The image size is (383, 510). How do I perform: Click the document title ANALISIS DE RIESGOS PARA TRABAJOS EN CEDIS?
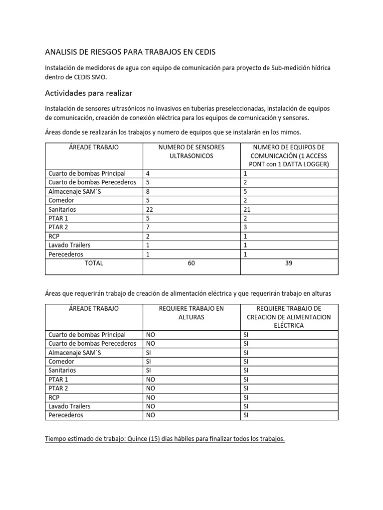(x=131, y=51)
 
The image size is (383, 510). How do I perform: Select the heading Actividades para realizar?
(x=88, y=93)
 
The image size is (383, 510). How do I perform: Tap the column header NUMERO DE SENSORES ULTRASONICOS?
(x=191, y=152)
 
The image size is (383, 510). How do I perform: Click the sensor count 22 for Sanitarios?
(x=150, y=210)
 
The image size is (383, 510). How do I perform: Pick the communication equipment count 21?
(x=247, y=210)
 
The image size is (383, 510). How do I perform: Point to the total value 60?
(x=191, y=263)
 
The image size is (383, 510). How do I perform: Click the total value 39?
(x=289, y=263)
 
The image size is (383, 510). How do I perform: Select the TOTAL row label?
(x=94, y=263)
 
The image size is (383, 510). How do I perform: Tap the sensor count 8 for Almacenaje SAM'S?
(x=148, y=192)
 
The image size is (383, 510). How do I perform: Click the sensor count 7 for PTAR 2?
(x=148, y=228)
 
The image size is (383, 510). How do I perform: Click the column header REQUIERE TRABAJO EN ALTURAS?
(x=191, y=313)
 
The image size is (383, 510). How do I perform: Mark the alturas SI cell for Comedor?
(x=149, y=362)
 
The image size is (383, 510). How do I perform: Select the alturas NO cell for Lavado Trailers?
(x=150, y=406)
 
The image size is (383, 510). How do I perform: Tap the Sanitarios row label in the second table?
(x=62, y=371)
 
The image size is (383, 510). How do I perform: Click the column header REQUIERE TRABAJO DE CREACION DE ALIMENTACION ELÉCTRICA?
(x=289, y=317)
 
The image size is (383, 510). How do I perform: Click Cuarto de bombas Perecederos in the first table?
(x=92, y=183)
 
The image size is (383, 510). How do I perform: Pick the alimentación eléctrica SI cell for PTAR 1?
(x=245, y=380)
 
